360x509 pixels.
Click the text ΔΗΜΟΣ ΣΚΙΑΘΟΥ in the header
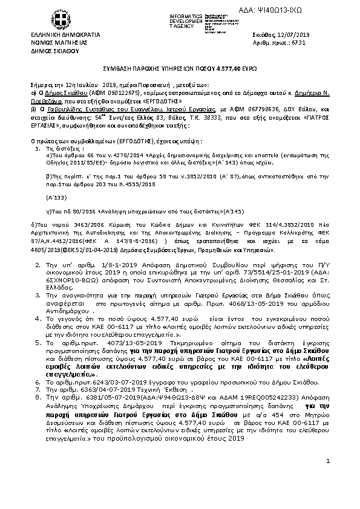pos(55,51)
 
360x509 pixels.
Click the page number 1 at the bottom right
pos(327,478)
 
